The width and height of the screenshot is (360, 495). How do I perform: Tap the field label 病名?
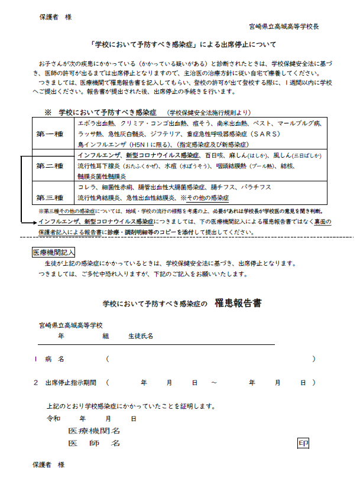pyautogui.click(x=54, y=359)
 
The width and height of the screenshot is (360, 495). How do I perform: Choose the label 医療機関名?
pyautogui.click(x=95, y=431)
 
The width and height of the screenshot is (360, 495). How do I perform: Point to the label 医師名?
pyautogui.click(x=95, y=442)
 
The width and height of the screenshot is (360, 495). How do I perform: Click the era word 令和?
pyautogui.click(x=53, y=418)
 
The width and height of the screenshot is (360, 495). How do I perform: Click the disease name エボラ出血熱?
pyautogui.click(x=95, y=123)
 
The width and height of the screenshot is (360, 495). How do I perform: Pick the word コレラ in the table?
pyautogui.click(x=87, y=187)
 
